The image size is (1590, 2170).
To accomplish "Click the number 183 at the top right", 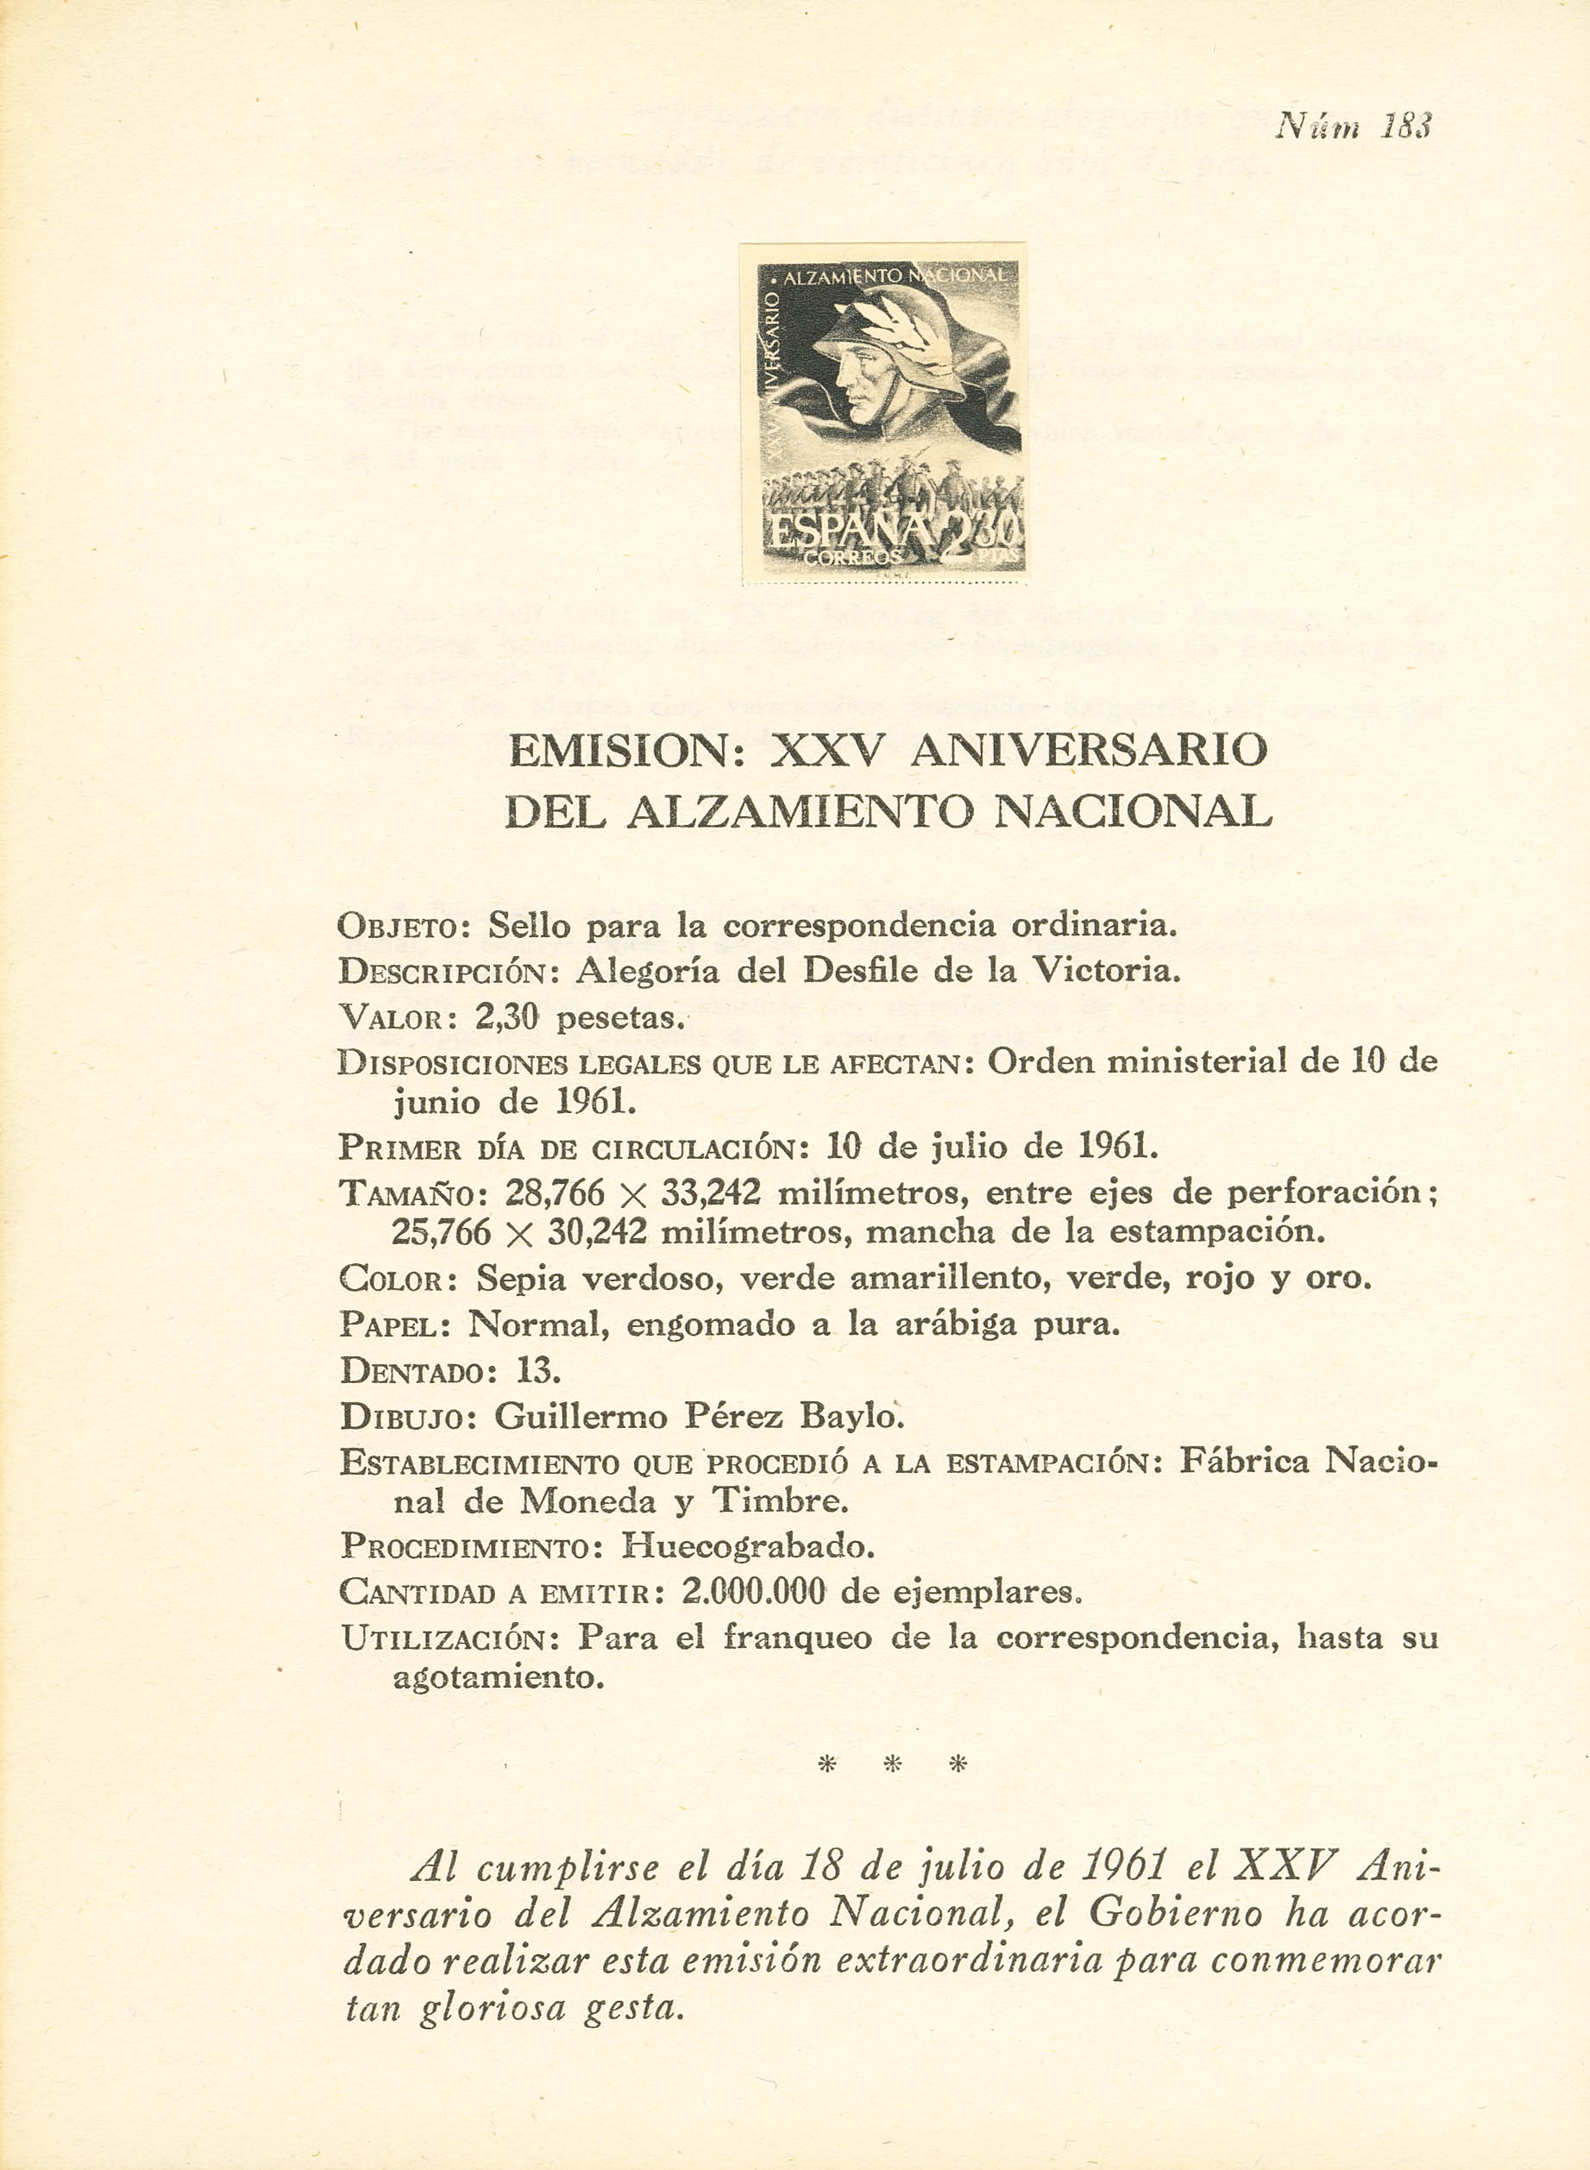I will tap(1407, 126).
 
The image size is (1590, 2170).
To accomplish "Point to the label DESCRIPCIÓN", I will tap(449, 972).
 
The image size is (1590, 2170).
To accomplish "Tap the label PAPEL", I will tap(389, 1325).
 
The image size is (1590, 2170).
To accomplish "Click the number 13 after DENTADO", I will tap(536, 1370).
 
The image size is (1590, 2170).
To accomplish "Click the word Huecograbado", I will tap(747, 1545).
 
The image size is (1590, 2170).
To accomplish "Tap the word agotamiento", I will tap(498, 1678).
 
